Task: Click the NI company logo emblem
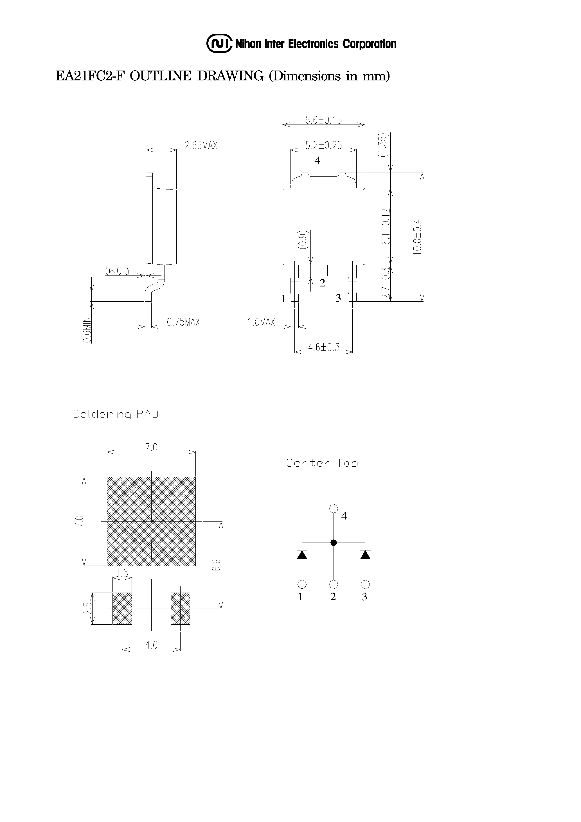[x=220, y=44]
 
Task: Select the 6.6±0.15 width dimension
[x=323, y=120]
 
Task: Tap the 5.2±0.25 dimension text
[x=323, y=145]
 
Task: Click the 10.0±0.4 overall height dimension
[x=417, y=237]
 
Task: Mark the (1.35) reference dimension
[x=382, y=145]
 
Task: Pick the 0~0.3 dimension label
[x=117, y=271]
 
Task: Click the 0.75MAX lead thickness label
[x=183, y=322]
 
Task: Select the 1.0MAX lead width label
[x=261, y=322]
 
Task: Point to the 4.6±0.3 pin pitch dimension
[x=323, y=347]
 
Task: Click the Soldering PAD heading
[x=115, y=414]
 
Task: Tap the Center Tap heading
[x=322, y=463]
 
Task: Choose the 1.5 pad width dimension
[x=122, y=573]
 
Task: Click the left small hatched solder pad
[x=122, y=608]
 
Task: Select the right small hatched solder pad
[x=180, y=608]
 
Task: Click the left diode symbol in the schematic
[x=302, y=555]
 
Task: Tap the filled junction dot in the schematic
[x=334, y=543]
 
